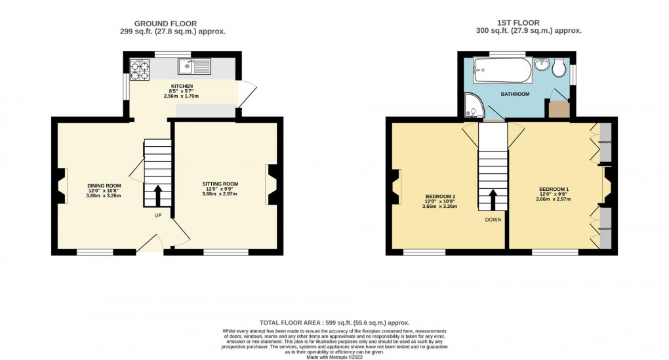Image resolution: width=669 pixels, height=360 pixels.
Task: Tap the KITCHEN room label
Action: coord(182,86)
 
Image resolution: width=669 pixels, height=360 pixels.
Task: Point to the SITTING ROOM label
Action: coord(220,184)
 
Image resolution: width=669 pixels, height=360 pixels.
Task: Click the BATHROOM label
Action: coord(515,94)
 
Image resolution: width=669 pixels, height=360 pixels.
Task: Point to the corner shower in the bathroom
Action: coord(472,104)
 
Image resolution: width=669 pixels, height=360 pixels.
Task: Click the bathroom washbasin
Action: coord(541,65)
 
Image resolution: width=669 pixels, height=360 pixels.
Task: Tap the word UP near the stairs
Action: coord(157,216)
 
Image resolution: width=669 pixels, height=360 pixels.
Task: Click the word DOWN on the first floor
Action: coord(493,220)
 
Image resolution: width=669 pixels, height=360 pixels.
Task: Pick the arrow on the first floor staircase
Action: coord(493,199)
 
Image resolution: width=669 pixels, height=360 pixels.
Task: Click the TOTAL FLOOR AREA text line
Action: coord(334,323)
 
